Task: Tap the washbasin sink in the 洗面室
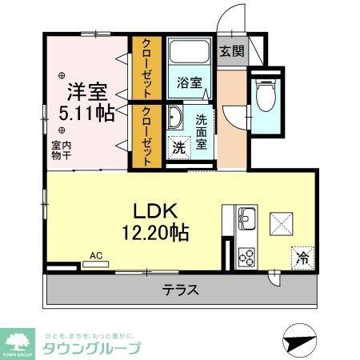(x=175, y=122)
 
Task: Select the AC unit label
(x=97, y=256)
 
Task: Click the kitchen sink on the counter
(x=246, y=217)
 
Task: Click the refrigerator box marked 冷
(x=303, y=258)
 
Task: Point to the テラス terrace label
(x=182, y=290)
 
